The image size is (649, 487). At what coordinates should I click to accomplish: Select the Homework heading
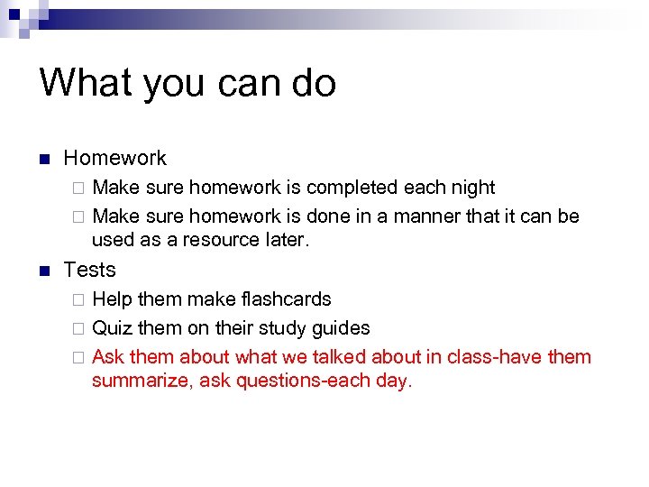click(114, 158)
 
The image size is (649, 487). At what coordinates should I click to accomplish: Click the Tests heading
click(90, 270)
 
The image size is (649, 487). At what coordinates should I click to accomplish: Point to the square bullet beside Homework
click(43, 160)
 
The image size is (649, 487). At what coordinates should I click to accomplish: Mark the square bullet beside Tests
click(43, 271)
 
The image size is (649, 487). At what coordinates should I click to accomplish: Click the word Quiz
click(112, 327)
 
